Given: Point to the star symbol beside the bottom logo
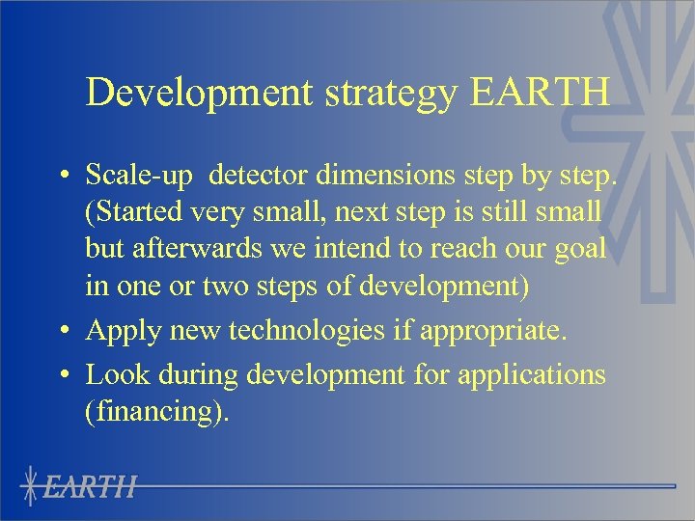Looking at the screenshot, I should click(x=32, y=485).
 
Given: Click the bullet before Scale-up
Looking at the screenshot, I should click(x=61, y=178).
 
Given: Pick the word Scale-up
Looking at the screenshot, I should click(x=141, y=176).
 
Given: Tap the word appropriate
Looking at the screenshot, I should click(x=489, y=331).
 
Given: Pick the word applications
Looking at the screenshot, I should click(x=521, y=374).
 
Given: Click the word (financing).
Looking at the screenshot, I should click(x=158, y=412).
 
